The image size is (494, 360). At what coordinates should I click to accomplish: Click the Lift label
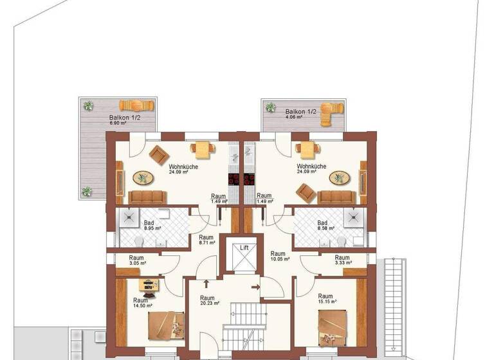point(244,247)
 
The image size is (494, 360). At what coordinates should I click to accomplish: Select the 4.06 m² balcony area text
point(297,118)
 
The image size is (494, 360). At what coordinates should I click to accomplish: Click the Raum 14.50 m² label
point(141,303)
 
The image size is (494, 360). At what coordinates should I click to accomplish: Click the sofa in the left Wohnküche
point(147,197)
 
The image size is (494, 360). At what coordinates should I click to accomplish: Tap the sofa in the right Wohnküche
point(336,197)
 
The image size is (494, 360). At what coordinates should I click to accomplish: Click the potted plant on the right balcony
point(271,107)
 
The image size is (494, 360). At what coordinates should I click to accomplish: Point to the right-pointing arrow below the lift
point(255,287)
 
